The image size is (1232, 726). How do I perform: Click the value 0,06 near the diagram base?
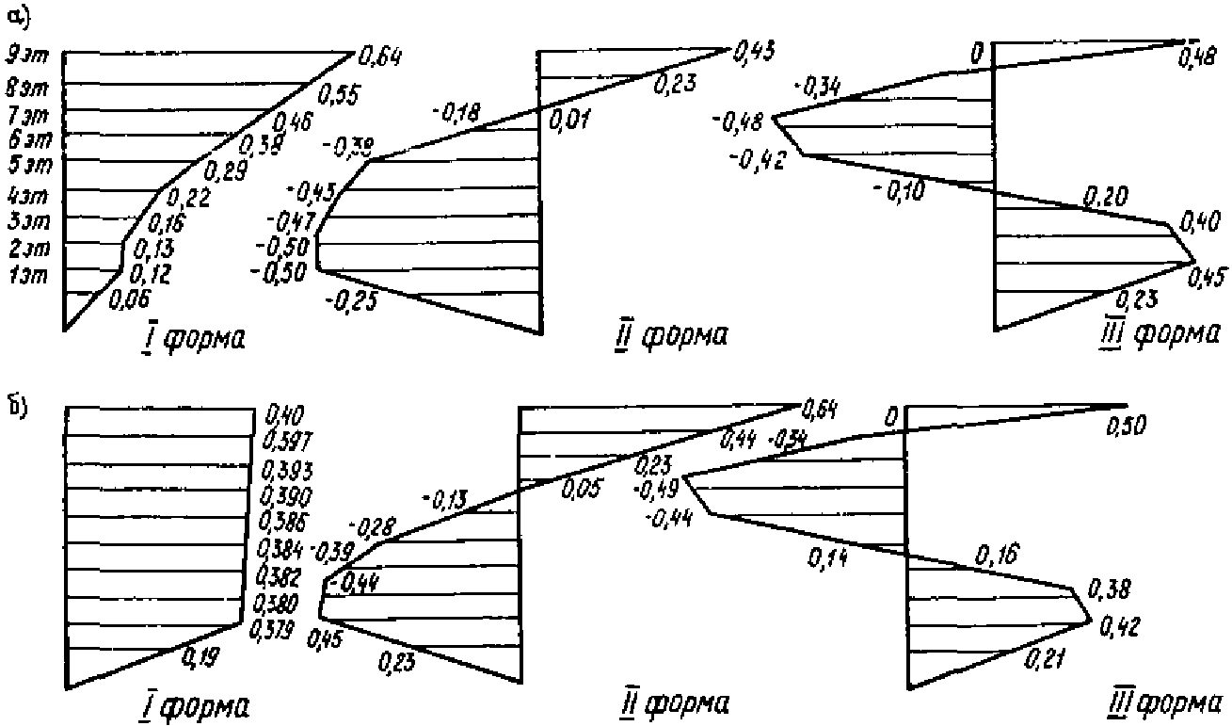pyautogui.click(x=129, y=299)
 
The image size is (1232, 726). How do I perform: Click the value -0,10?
pyautogui.click(x=899, y=191)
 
